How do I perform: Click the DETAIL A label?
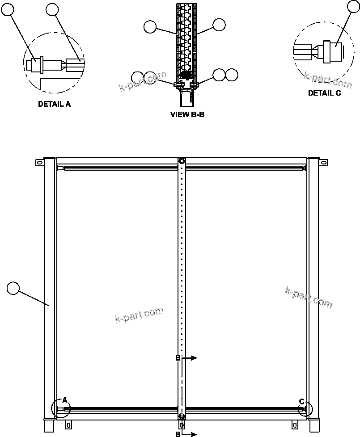pyautogui.click(x=54, y=104)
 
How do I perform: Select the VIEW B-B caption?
pyautogui.click(x=187, y=114)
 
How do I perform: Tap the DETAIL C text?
pyautogui.click(x=324, y=93)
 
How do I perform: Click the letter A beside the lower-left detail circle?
pyautogui.click(x=64, y=400)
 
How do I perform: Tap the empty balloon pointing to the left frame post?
pyautogui.click(x=14, y=288)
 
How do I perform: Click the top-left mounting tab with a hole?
pyautogui.click(x=39, y=163)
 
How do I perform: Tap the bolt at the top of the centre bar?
pyautogui.click(x=181, y=161)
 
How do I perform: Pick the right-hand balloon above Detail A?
pyautogui.click(x=53, y=10)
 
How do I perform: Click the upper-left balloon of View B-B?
pyautogui.click(x=150, y=27)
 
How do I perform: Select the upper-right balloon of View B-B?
pyautogui.click(x=219, y=25)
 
